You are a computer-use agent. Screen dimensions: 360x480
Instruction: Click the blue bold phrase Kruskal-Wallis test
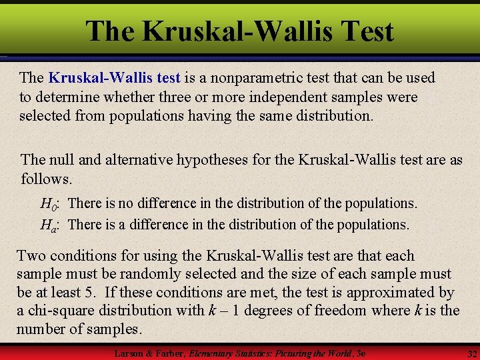pyautogui.click(x=115, y=78)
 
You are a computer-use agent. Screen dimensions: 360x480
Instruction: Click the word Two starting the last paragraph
pyautogui.click(x=31, y=256)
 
